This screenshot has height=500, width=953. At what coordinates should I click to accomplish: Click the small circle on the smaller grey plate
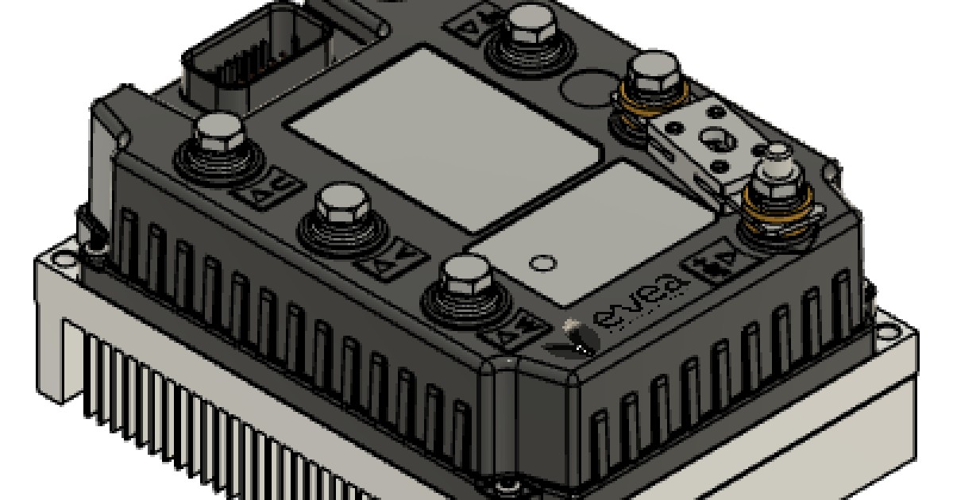click(x=542, y=263)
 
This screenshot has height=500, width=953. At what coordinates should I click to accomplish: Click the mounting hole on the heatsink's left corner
click(x=56, y=259)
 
